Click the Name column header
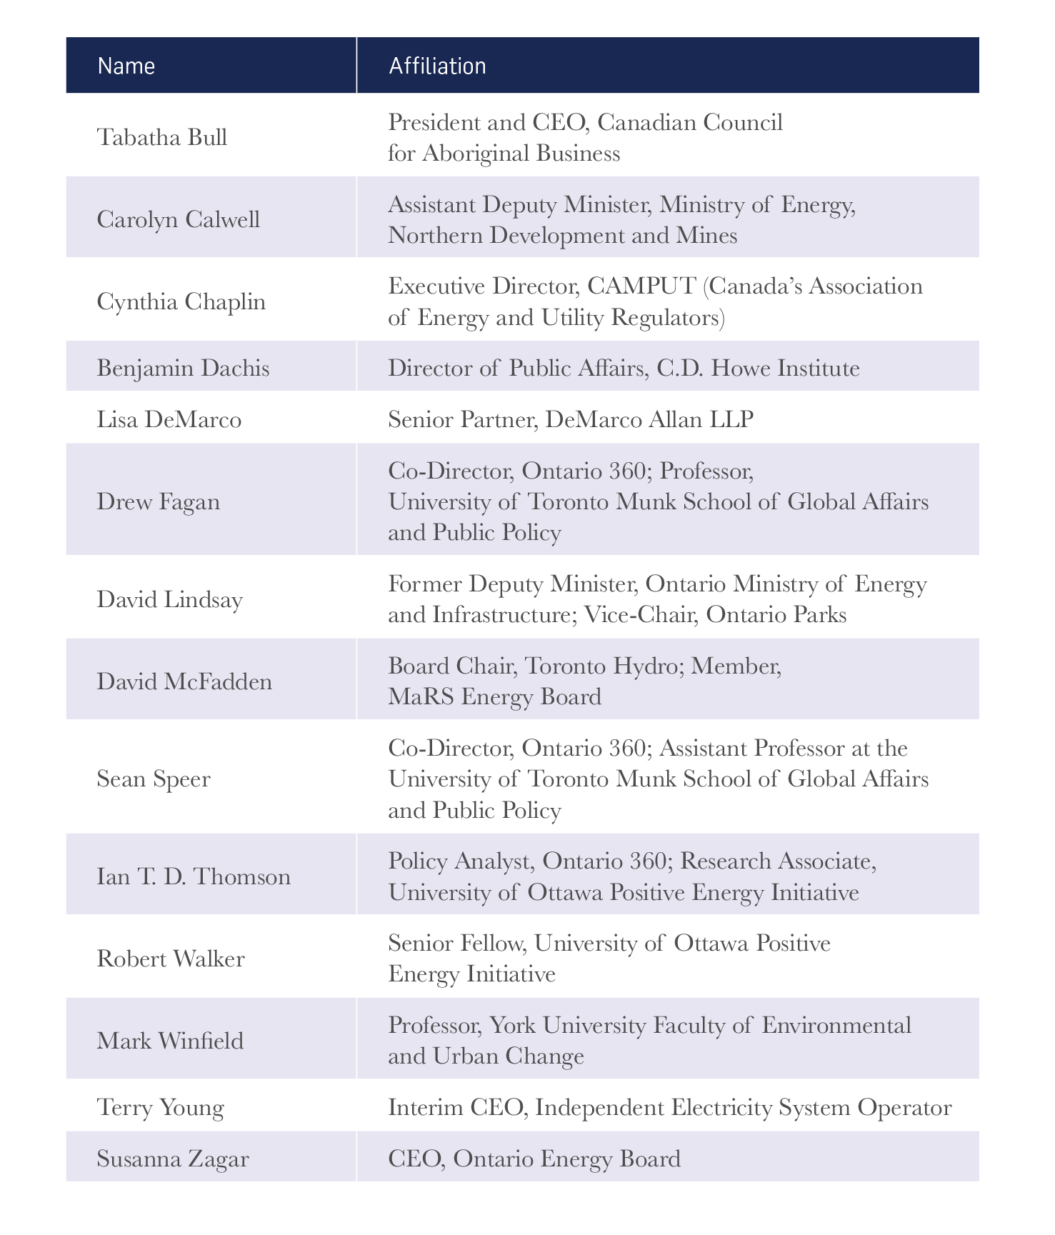(126, 66)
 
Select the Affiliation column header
(437, 66)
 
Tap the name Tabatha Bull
(162, 136)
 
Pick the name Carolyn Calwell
(178, 219)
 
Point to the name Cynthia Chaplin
(181, 301)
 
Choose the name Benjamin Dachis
(183, 368)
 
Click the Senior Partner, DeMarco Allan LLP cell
(570, 419)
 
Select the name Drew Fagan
(158, 501)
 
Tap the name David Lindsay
(169, 599)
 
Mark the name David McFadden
(184, 681)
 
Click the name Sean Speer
(154, 778)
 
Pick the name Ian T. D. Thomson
(194, 876)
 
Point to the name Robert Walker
(171, 958)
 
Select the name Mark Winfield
(170, 1040)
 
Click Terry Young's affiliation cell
(669, 1107)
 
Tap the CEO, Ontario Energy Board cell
(534, 1158)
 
